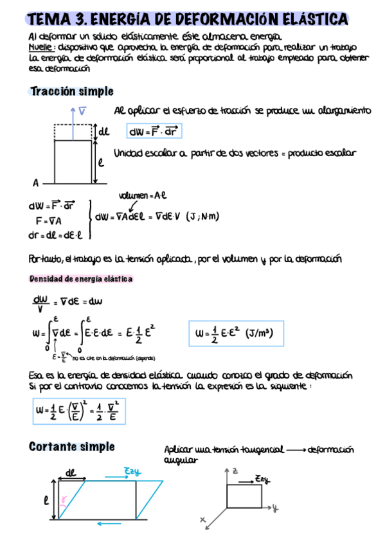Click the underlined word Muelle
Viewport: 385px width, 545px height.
[x=42, y=48]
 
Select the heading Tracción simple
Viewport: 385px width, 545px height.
[x=71, y=92]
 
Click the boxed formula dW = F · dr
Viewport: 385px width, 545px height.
[x=154, y=132]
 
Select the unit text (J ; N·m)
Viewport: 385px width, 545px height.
[x=202, y=217]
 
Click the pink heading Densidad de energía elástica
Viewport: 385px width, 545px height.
[x=81, y=279]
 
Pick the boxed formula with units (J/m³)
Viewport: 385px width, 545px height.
[x=234, y=334]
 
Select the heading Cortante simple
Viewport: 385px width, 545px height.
[x=72, y=447]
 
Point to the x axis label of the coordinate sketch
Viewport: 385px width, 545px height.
[x=202, y=519]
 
